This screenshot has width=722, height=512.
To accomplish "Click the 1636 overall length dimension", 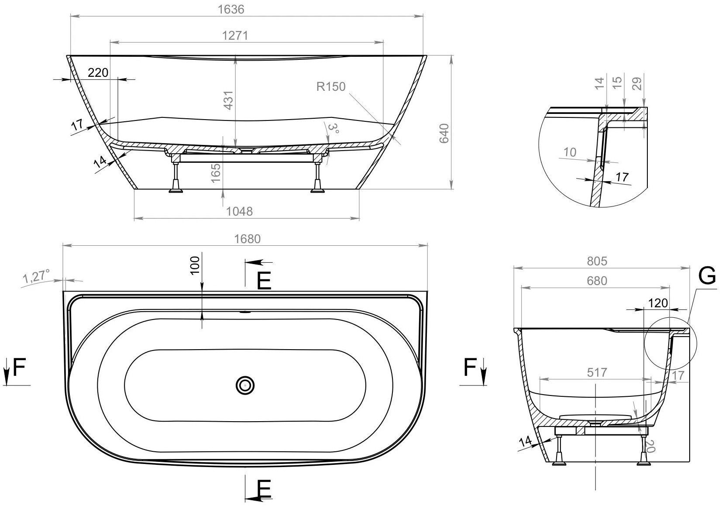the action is tap(231, 9).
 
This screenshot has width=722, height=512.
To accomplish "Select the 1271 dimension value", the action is tap(235, 35).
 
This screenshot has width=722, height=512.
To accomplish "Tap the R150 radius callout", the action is tap(331, 86).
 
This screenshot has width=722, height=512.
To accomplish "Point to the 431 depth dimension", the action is tap(228, 100).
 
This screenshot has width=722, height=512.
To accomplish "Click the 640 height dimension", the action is tap(444, 133).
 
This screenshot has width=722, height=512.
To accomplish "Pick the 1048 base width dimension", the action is tap(239, 211).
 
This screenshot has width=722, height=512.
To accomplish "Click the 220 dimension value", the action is tap(98, 72).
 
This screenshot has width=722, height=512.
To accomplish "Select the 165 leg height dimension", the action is tap(216, 173).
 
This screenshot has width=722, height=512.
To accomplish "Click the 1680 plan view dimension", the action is tap(247, 239).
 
